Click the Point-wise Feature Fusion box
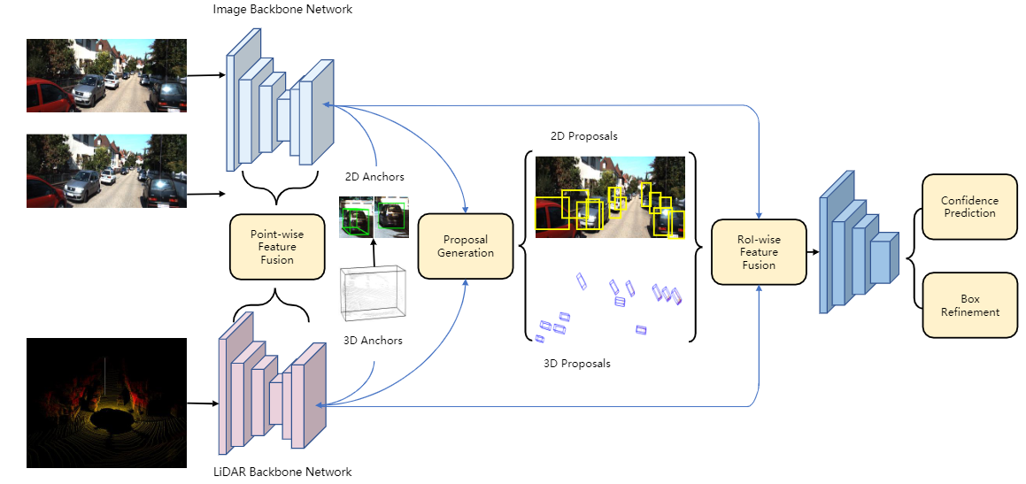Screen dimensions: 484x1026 pyautogui.click(x=275, y=247)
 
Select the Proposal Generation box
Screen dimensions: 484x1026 pyautogui.click(x=466, y=246)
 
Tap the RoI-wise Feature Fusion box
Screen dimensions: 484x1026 pyautogui.click(x=759, y=252)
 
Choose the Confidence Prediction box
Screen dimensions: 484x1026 pyautogui.click(x=968, y=207)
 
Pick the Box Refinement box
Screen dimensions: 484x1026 pyautogui.click(x=968, y=305)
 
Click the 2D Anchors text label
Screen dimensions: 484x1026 pyautogui.click(x=373, y=177)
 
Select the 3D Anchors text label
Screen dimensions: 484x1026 pyautogui.click(x=372, y=341)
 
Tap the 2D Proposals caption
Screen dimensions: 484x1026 pyautogui.click(x=583, y=136)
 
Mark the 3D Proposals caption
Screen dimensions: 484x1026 pyautogui.click(x=576, y=363)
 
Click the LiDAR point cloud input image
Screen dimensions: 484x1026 pyautogui.click(x=106, y=403)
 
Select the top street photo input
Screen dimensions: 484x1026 pyautogui.click(x=106, y=75)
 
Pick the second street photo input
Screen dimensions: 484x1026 pyautogui.click(x=106, y=171)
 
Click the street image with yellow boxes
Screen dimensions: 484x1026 pyautogui.click(x=609, y=197)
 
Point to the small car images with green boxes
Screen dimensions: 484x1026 pyautogui.click(x=373, y=217)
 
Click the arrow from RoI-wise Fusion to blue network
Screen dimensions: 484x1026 pyautogui.click(x=813, y=252)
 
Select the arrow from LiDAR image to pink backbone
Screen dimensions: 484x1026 pyautogui.click(x=202, y=403)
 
